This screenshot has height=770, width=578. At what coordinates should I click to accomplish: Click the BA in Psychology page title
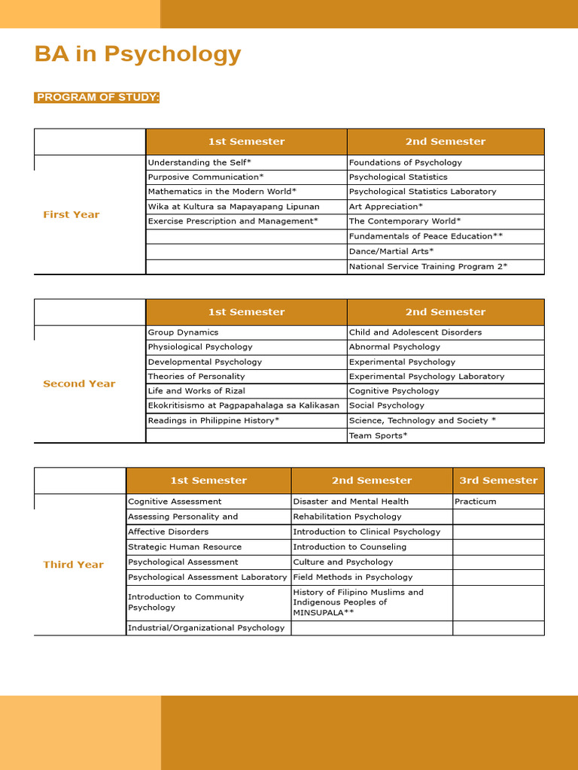(138, 54)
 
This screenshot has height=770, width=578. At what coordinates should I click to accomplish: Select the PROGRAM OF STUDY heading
(97, 98)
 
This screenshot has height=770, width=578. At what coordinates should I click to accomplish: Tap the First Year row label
(71, 214)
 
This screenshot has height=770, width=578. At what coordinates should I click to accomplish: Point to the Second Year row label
(79, 383)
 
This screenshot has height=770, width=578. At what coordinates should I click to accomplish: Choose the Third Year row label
(73, 565)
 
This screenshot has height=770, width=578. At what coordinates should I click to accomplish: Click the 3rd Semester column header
(498, 480)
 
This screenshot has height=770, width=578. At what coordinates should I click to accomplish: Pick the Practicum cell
(476, 502)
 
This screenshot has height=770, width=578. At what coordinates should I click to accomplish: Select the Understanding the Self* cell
(199, 162)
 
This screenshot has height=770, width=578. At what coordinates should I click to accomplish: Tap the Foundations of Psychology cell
(405, 162)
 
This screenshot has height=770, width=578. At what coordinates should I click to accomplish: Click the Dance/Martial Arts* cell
(391, 251)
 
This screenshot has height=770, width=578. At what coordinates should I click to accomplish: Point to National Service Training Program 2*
(427, 266)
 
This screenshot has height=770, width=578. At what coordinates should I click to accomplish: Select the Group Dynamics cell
(183, 332)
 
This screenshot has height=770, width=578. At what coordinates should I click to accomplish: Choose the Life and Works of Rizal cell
(196, 391)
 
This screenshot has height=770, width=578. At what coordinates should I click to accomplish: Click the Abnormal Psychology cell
(394, 347)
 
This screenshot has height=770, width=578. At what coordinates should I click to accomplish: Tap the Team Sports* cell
(378, 435)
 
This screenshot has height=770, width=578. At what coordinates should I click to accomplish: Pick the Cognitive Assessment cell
(175, 502)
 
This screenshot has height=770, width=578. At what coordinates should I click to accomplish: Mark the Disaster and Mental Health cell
(351, 502)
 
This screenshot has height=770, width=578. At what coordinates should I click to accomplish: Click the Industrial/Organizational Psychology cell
(206, 628)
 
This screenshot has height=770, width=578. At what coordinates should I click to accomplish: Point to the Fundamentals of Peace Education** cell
(425, 236)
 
